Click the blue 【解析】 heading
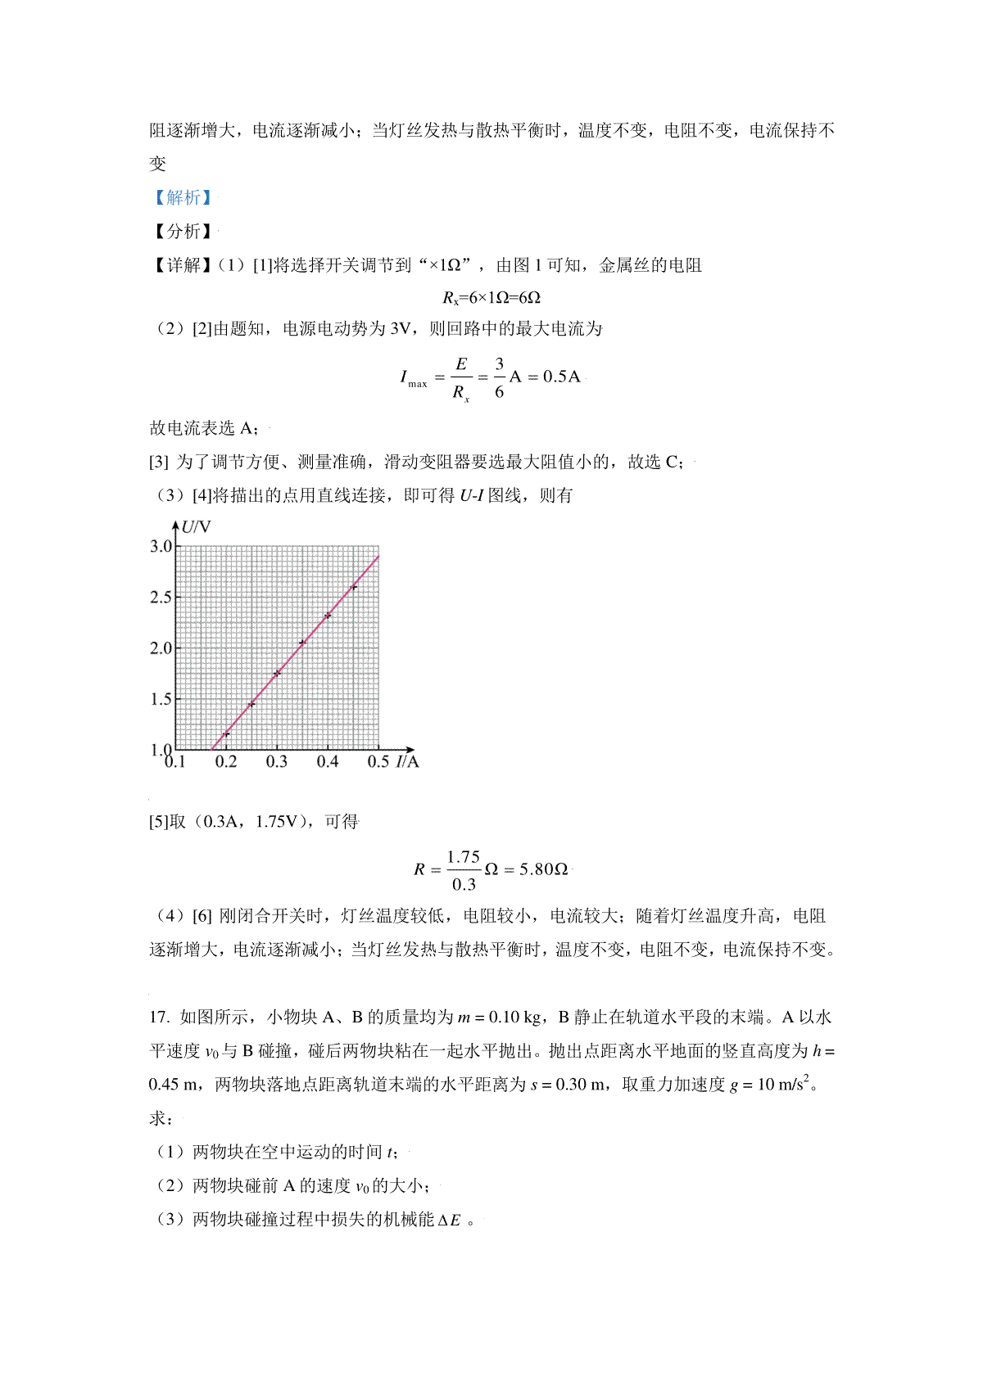pyautogui.click(x=183, y=197)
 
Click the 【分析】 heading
pyautogui.click(x=183, y=231)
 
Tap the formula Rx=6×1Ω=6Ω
pyautogui.click(x=491, y=297)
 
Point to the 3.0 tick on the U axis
pyautogui.click(x=161, y=546)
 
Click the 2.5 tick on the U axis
pyautogui.click(x=161, y=597)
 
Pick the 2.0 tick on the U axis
pyautogui.click(x=161, y=648)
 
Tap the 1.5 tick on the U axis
pyautogui.click(x=161, y=698)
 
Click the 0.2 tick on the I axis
pyautogui.click(x=226, y=762)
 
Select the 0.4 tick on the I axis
pyautogui.click(x=328, y=762)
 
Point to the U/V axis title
pyautogui.click(x=196, y=526)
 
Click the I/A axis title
pyautogui.click(x=407, y=762)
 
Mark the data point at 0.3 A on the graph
pyautogui.click(x=277, y=674)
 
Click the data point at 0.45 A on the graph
pyautogui.click(x=354, y=587)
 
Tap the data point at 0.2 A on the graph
pyautogui.click(x=226, y=733)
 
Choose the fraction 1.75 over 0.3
pyautogui.click(x=464, y=870)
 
